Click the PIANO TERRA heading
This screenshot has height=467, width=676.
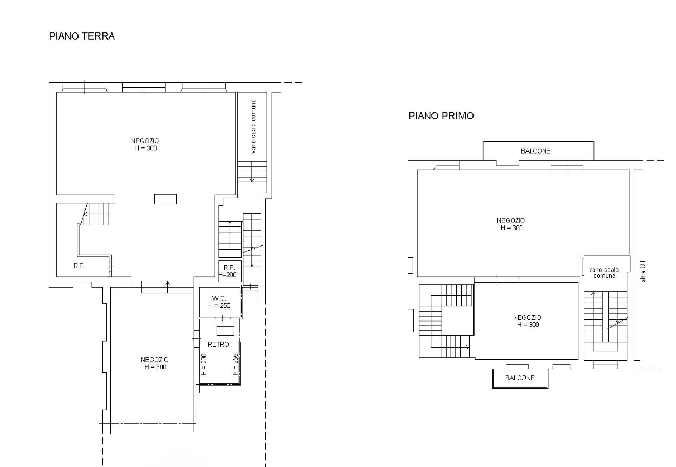[82, 36]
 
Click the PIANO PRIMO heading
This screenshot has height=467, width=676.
[441, 116]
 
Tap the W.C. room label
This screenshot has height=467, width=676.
[219, 298]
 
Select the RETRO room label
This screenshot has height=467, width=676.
[218, 344]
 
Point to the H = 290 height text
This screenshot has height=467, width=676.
[204, 365]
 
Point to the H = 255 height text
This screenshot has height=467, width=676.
[236, 365]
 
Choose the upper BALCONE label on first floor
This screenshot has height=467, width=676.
[536, 151]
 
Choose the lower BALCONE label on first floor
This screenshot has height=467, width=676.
[520, 378]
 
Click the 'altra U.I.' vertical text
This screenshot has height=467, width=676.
[643, 271]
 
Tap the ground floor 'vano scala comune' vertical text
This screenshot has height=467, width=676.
[254, 126]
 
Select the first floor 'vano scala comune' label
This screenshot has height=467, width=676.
[604, 273]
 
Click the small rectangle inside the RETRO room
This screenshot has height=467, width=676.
[225, 331]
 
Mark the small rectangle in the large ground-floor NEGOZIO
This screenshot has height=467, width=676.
[165, 199]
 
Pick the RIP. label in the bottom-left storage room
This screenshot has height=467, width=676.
[79, 266]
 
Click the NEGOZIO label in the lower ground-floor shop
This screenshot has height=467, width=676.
[155, 360]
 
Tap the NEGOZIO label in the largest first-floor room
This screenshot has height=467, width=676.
[511, 221]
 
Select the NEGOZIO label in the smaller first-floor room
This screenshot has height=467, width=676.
[527, 318]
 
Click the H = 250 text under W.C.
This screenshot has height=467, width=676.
[219, 306]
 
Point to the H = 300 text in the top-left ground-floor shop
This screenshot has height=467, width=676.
[146, 148]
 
